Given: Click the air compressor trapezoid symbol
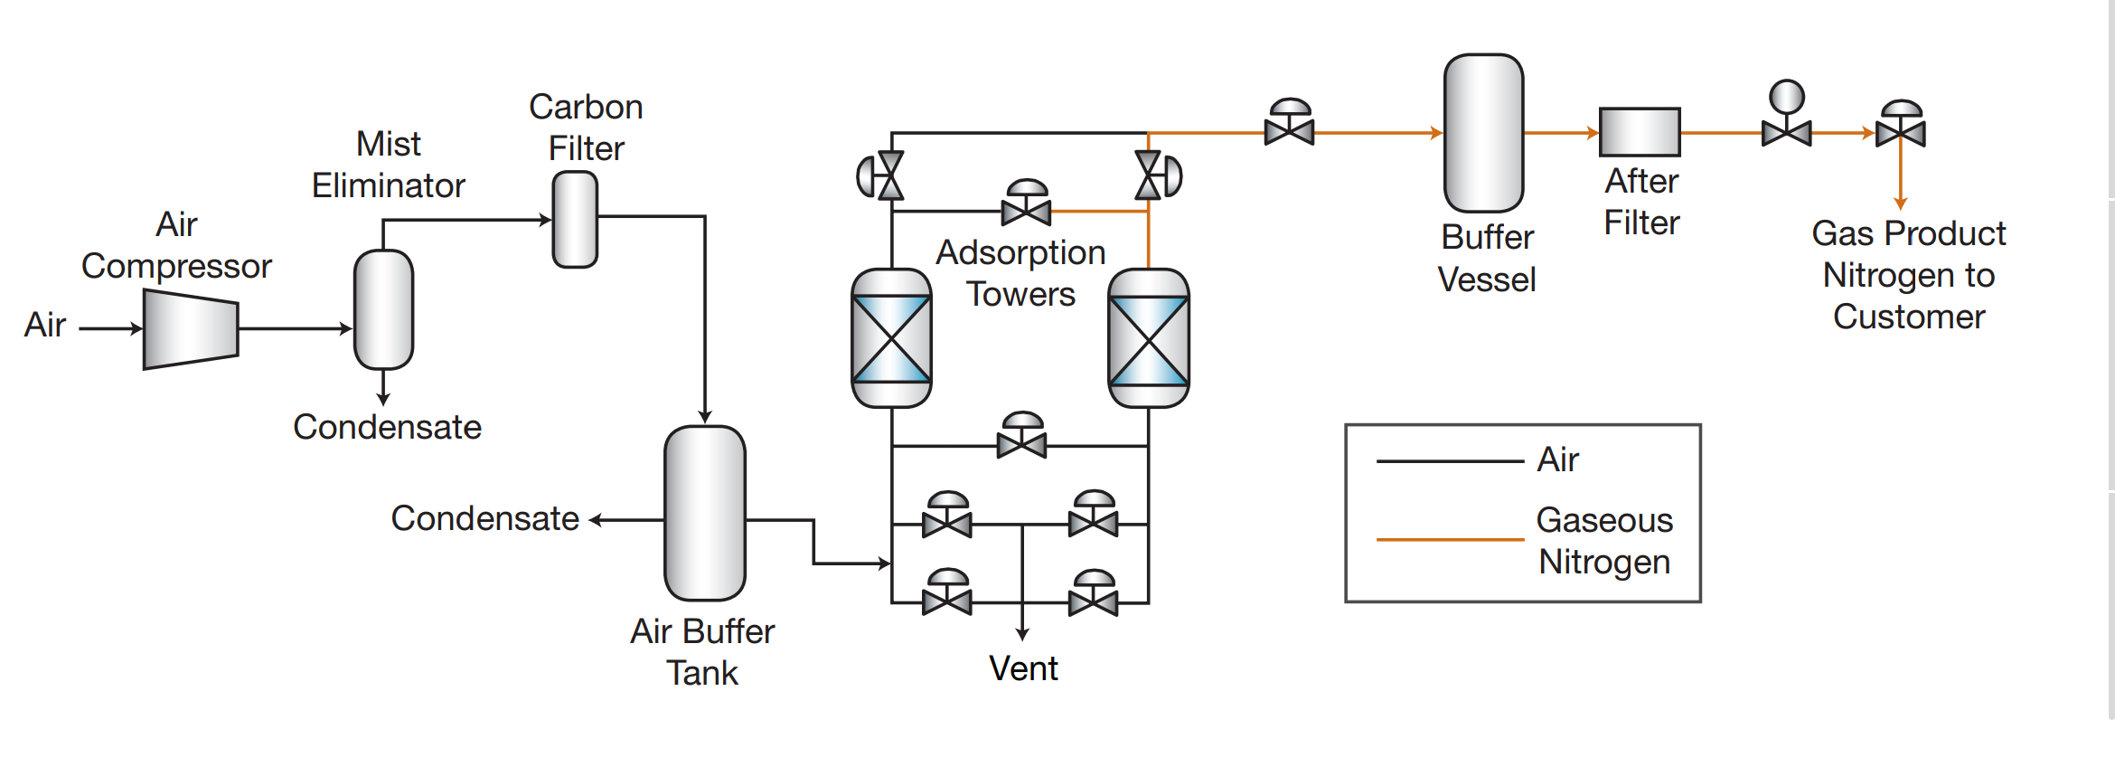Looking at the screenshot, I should pos(191,329).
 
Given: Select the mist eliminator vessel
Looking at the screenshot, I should pos(383,309).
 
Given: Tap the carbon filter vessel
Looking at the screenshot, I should pos(575,220).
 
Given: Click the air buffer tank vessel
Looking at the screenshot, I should pos(705,513).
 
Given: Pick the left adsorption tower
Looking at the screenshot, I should pos(891,338).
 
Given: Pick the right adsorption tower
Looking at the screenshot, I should pos(1148,338).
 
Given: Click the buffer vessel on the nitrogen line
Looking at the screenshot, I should pos(1483,133).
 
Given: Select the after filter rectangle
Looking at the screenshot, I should pos(1640,132).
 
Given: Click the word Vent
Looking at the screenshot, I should pos(1023,668).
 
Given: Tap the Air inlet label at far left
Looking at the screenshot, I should pos(45,325).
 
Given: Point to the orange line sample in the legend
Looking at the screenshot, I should pos(1450,539).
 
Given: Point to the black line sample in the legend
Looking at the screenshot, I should pos(1450,461).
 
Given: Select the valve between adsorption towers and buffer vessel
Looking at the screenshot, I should pos(1289,127).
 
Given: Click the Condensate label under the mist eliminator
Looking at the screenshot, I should pos(387,427).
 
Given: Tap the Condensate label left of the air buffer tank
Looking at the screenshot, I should pos(484,518).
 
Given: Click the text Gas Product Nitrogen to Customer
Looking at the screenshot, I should pos(1909,275).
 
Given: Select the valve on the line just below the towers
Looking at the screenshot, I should pos(1021,440).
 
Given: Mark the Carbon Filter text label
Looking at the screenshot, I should pos(586,128).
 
